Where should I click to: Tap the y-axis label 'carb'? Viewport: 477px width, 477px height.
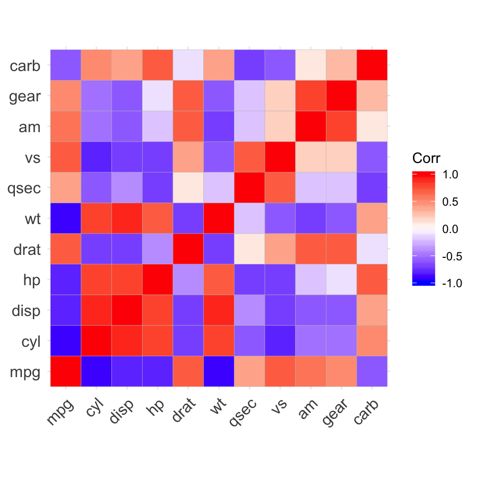25,66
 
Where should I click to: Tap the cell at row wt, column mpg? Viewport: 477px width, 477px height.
66,218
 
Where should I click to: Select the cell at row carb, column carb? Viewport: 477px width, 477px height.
372,65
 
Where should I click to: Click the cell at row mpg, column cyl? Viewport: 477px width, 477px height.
96,371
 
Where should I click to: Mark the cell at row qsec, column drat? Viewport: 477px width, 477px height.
188,188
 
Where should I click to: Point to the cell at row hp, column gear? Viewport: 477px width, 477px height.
341,279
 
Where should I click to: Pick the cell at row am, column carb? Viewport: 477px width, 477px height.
372,126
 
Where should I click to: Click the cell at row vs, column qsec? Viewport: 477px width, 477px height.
249,157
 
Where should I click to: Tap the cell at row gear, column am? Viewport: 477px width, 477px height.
311,96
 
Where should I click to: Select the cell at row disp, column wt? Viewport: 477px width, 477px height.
219,310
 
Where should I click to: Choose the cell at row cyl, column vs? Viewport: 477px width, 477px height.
280,341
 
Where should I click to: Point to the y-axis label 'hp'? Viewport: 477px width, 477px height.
30,280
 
